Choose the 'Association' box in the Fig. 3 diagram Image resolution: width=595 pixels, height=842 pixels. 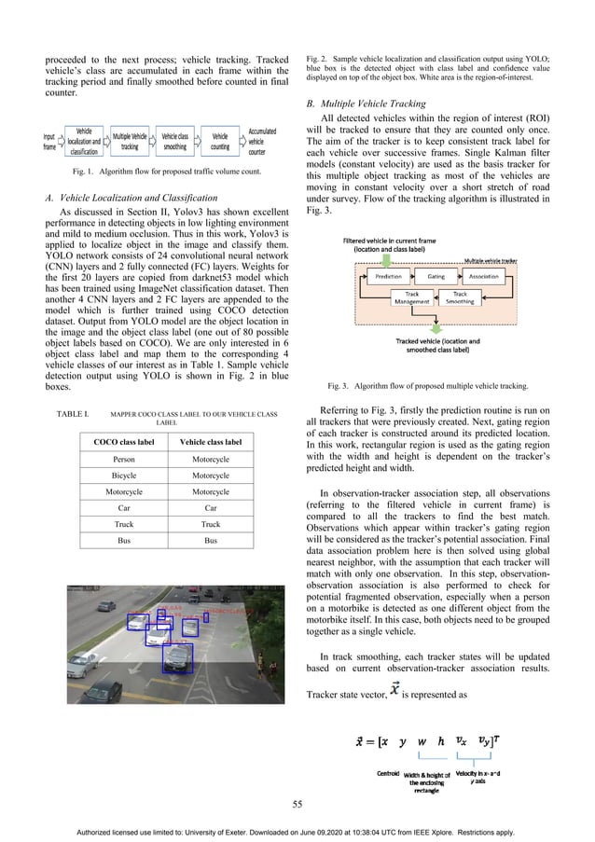point(483,277)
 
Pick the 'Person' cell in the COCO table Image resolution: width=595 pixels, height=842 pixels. point(123,460)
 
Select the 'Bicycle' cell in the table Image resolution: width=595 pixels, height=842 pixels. point(123,476)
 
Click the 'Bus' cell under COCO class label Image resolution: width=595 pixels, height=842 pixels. point(123,540)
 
